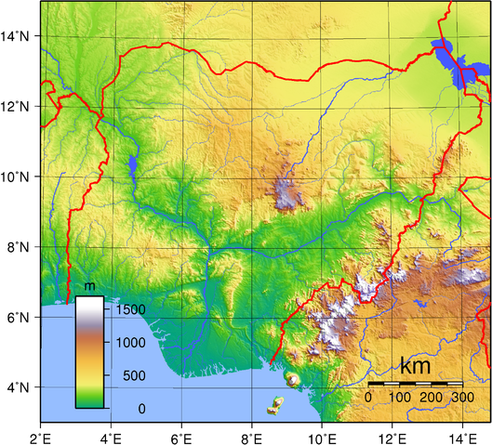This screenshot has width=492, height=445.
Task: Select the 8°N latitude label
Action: point(20,247)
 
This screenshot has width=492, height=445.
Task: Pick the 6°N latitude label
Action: point(20,317)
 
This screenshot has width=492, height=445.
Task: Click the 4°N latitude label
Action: point(20,386)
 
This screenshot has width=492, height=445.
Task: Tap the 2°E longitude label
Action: point(41,434)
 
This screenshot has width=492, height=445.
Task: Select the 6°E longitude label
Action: point(181,434)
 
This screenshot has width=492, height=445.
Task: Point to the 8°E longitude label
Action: point(252,434)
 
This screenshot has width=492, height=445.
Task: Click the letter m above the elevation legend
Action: point(90,286)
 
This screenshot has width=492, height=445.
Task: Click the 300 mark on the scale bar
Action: point(462,398)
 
